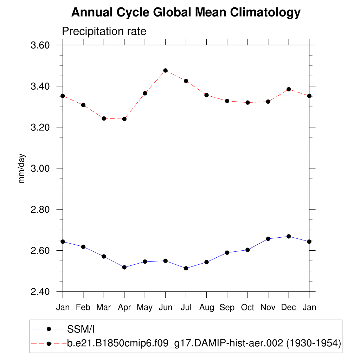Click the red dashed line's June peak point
pyautogui.click(x=165, y=71)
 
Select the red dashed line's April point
pyautogui.click(x=124, y=119)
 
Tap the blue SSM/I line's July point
pyautogui.click(x=186, y=268)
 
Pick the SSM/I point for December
pyautogui.click(x=289, y=236)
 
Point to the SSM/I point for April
pyautogui.click(x=124, y=267)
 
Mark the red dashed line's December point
pyautogui.click(x=289, y=89)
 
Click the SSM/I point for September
pyautogui.click(x=227, y=252)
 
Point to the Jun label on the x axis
pyautogui.click(x=165, y=308)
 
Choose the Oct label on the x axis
pyautogui.click(x=247, y=308)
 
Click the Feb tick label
pyautogui.click(x=83, y=308)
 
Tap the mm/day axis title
pyautogui.click(x=22, y=168)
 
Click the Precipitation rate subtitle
pyautogui.click(x=104, y=31)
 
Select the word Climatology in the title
pyautogui.click(x=265, y=13)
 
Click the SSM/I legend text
pyautogui.click(x=81, y=329)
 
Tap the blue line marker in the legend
pyautogui.click(x=49, y=329)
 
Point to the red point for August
pyautogui.click(x=206, y=95)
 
